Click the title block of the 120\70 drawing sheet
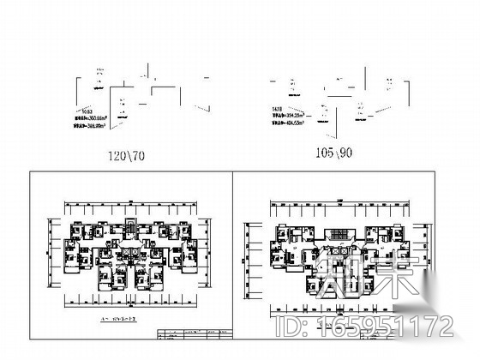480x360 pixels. click(x=192, y=333)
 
